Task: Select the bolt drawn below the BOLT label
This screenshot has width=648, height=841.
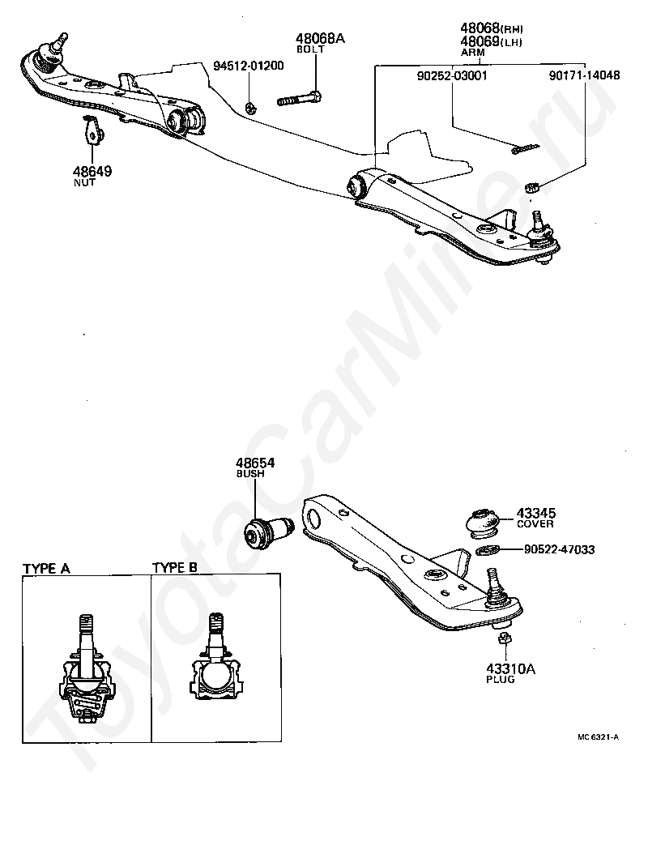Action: click(x=300, y=100)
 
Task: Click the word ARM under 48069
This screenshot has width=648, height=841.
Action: click(x=472, y=52)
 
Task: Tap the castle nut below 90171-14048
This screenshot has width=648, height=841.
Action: click(x=533, y=189)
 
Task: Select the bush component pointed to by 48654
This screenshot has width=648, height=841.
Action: click(x=267, y=531)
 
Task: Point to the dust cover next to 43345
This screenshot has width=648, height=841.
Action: click(x=484, y=522)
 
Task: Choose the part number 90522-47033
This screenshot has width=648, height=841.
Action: click(x=559, y=549)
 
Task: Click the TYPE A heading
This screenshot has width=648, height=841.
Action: click(x=46, y=568)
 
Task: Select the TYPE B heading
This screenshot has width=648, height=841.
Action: click(x=175, y=568)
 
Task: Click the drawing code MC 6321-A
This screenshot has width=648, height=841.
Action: click(x=599, y=737)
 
